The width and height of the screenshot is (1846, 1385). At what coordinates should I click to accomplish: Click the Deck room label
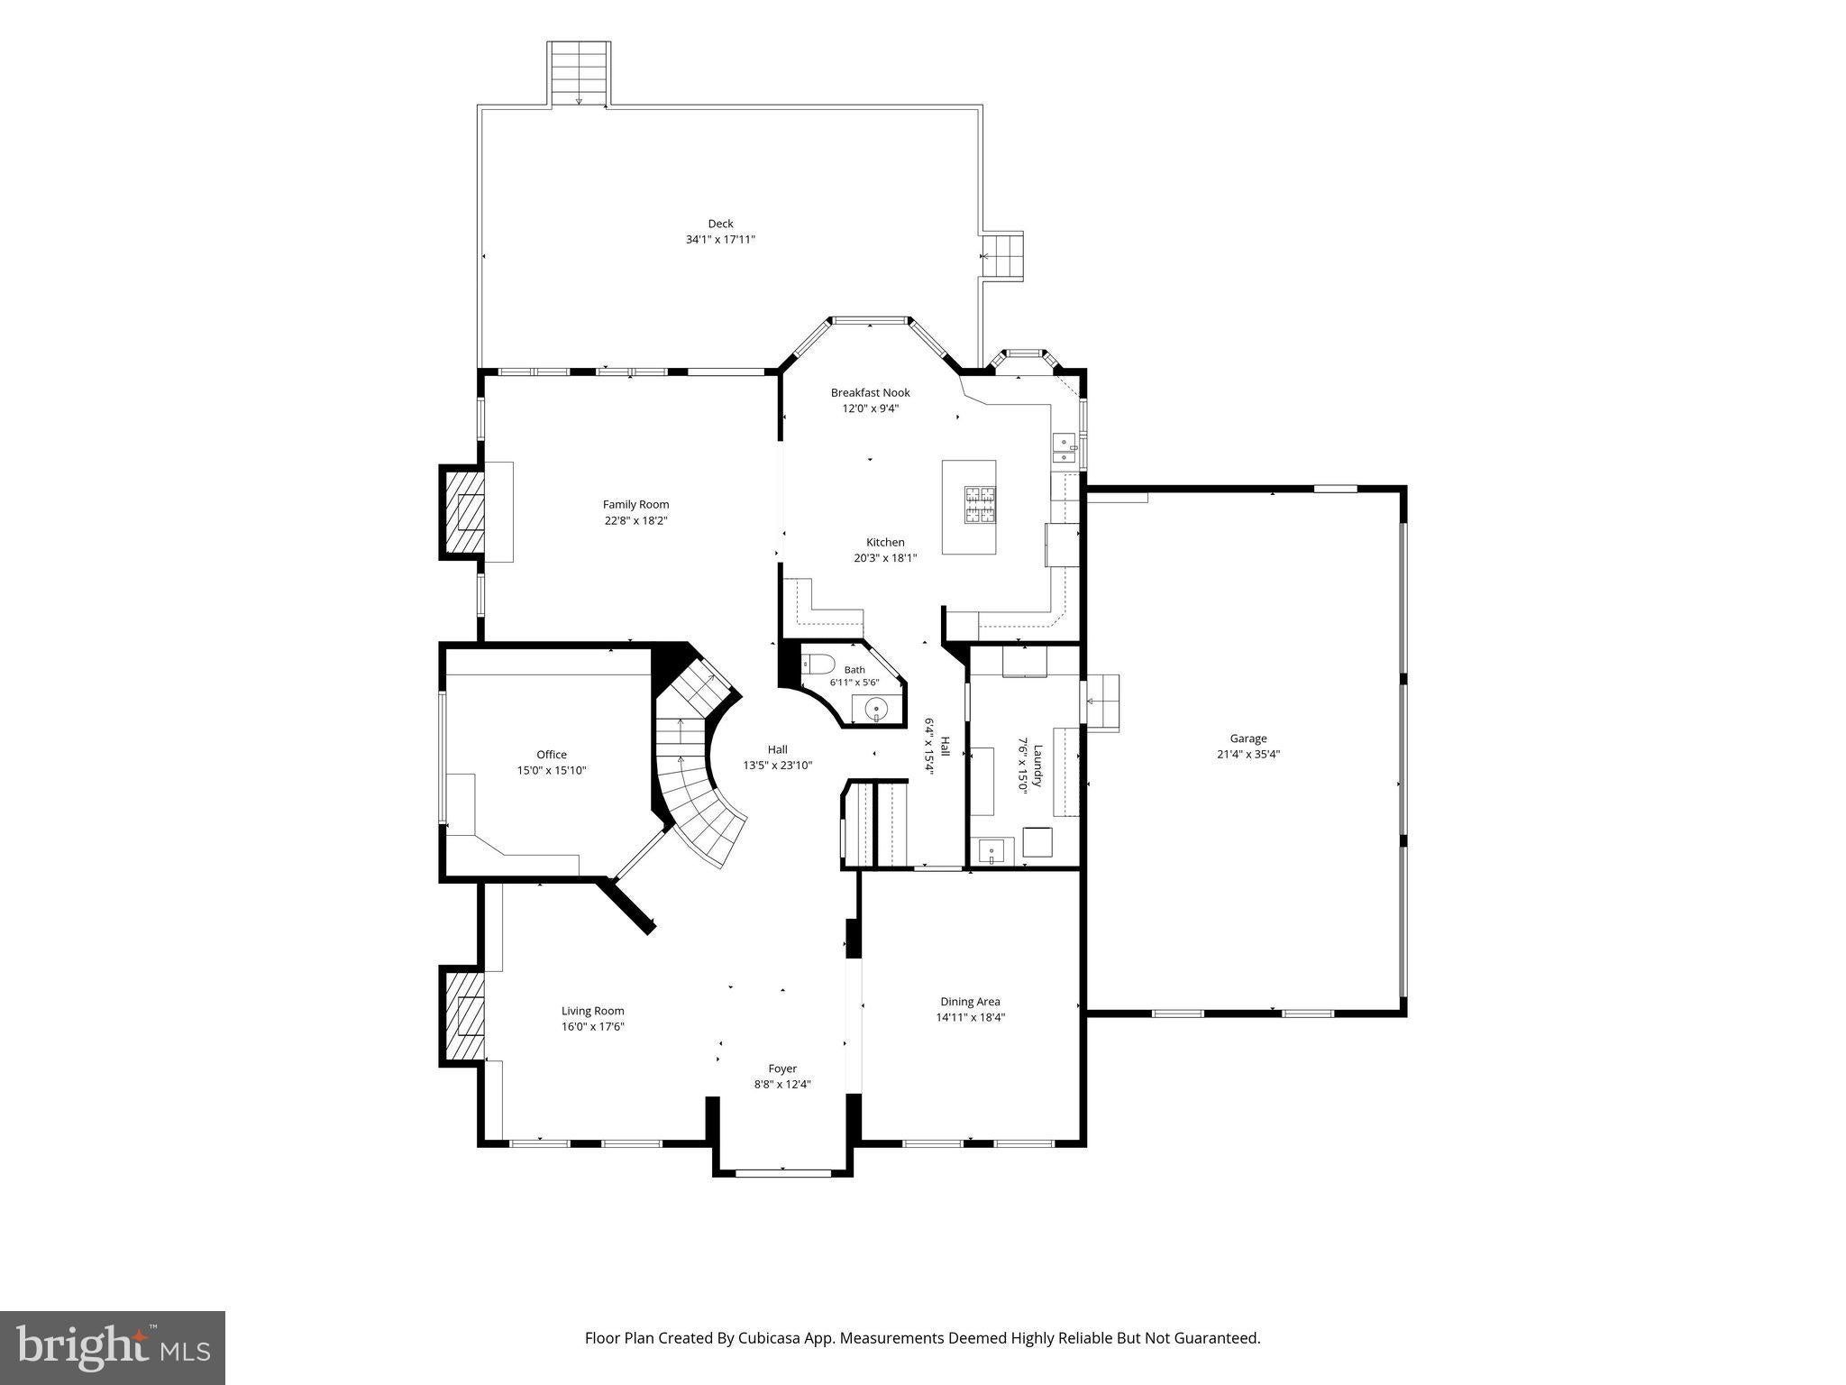coord(720,224)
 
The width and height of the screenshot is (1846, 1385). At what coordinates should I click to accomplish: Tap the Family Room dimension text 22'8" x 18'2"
coord(635,520)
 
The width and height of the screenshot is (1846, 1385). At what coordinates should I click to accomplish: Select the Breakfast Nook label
coord(870,392)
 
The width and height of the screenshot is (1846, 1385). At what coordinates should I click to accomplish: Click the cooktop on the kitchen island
coord(981,505)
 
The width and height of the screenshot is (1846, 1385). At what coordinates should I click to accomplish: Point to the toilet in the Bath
coord(818,665)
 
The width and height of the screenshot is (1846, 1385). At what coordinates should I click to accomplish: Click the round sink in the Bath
coord(876,711)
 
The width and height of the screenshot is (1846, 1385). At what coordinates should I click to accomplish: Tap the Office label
coord(552,755)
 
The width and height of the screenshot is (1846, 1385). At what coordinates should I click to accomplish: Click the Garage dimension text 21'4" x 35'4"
coord(1248,755)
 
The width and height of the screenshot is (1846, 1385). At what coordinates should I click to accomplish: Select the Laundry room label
coord(1037,766)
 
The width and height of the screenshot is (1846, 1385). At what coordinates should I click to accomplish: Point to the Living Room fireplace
coord(462,1016)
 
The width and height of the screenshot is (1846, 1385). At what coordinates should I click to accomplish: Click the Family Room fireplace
coord(462,511)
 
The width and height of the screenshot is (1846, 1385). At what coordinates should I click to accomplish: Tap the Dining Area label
coord(970,1001)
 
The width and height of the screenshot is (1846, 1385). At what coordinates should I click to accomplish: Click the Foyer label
coord(782,1069)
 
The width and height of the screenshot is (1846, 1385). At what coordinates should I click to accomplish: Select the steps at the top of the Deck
coord(579,74)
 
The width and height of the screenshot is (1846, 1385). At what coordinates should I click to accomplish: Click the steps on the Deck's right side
coord(1002,257)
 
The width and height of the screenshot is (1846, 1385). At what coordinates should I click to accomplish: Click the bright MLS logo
coord(113,1348)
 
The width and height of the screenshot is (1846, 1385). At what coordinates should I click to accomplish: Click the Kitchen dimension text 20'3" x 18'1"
coord(885,558)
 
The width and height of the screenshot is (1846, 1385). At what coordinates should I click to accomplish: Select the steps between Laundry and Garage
coord(1101,702)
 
